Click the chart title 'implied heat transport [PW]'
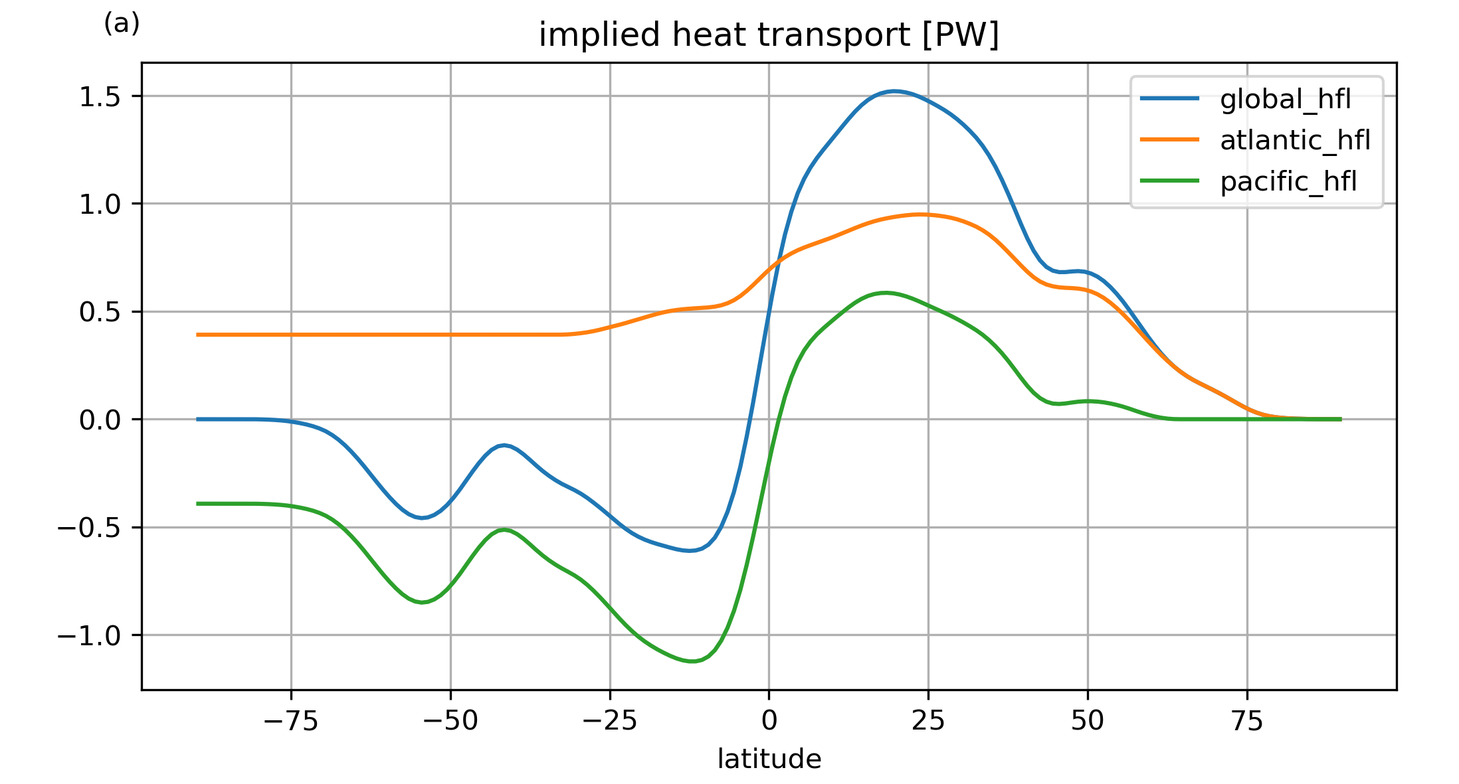(769, 35)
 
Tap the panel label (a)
(122, 24)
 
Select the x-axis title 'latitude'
(769, 759)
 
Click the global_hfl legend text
(1285, 99)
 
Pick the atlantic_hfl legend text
(1295, 140)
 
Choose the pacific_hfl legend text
(1288, 181)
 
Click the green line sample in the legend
(1169, 181)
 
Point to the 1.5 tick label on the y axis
(100, 97)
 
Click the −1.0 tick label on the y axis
(89, 636)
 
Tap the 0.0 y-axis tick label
(100, 420)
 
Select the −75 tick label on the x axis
(291, 721)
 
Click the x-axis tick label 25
(928, 721)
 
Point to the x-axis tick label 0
(769, 721)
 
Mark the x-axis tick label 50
(1088, 721)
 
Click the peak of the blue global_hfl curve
(894, 91)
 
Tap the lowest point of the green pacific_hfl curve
(692, 661)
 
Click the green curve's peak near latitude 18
(884, 293)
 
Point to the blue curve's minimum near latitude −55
(422, 518)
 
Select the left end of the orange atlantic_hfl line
(198, 335)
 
